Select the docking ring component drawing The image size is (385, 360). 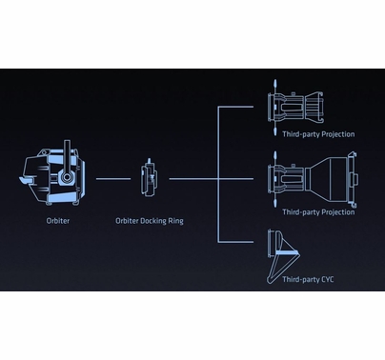point(149,177)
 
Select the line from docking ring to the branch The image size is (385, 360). point(192,178)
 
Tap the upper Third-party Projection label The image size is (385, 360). point(318,134)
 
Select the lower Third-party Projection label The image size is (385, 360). point(318,211)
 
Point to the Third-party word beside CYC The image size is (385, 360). point(300,279)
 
